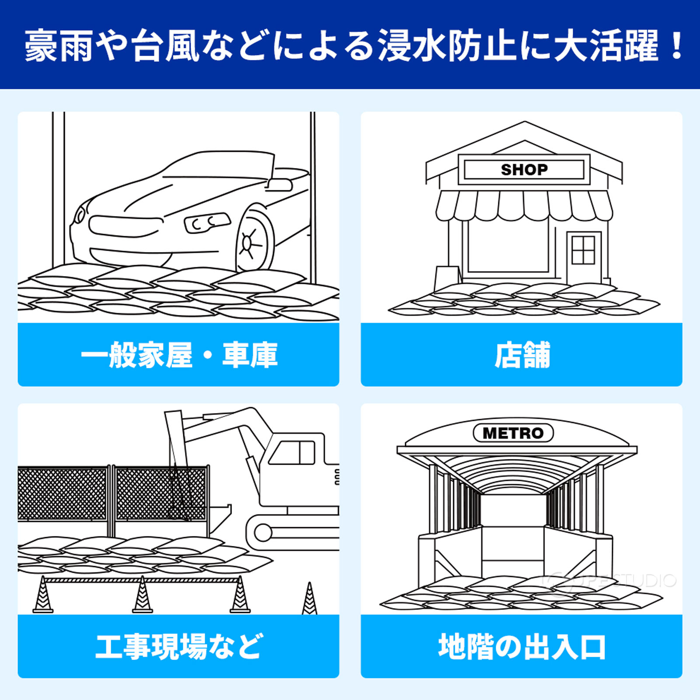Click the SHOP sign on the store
tap(524, 169)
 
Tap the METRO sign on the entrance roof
tap(513, 433)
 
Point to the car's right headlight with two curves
tap(207, 223)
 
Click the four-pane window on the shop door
tap(583, 250)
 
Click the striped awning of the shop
tap(524, 206)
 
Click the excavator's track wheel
tap(262, 532)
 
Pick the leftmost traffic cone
tap(42, 596)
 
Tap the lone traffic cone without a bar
tap(309, 599)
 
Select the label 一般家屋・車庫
tap(178, 355)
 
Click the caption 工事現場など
tap(178, 646)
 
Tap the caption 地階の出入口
tap(521, 646)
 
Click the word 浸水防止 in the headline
tap(446, 45)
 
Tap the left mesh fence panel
tap(63, 493)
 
